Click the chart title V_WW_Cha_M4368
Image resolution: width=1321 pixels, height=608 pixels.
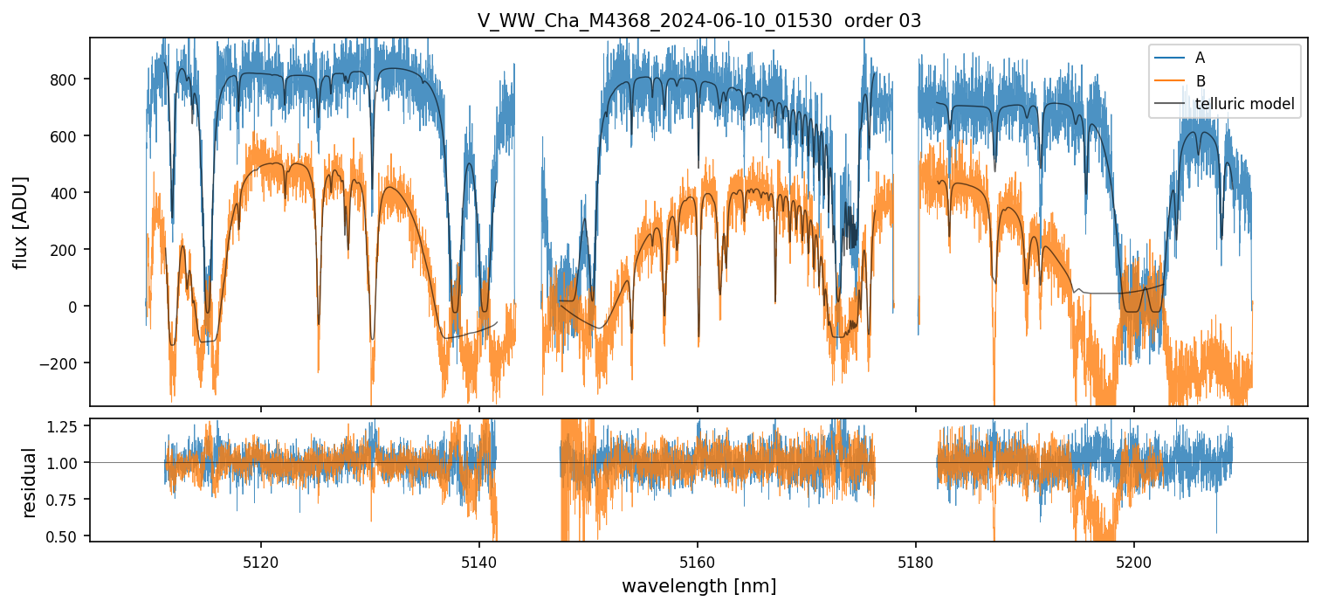[698, 21]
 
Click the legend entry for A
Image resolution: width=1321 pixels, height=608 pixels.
[1200, 58]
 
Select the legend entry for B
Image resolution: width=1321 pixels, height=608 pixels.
[1200, 81]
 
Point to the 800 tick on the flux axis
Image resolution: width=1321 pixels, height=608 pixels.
[65, 79]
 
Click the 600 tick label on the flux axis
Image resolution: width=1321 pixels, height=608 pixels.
[65, 136]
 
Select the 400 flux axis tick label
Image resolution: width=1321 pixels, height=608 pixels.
[65, 193]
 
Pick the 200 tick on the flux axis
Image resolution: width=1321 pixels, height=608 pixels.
[65, 250]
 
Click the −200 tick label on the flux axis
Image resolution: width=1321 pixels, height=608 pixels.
[61, 363]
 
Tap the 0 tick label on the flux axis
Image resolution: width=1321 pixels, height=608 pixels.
[72, 307]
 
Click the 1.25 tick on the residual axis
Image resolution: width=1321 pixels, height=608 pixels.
[63, 426]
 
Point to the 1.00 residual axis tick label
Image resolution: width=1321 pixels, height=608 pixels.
[63, 463]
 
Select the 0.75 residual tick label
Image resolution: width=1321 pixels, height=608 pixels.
[63, 499]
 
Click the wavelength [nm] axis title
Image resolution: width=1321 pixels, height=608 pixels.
[698, 585]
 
